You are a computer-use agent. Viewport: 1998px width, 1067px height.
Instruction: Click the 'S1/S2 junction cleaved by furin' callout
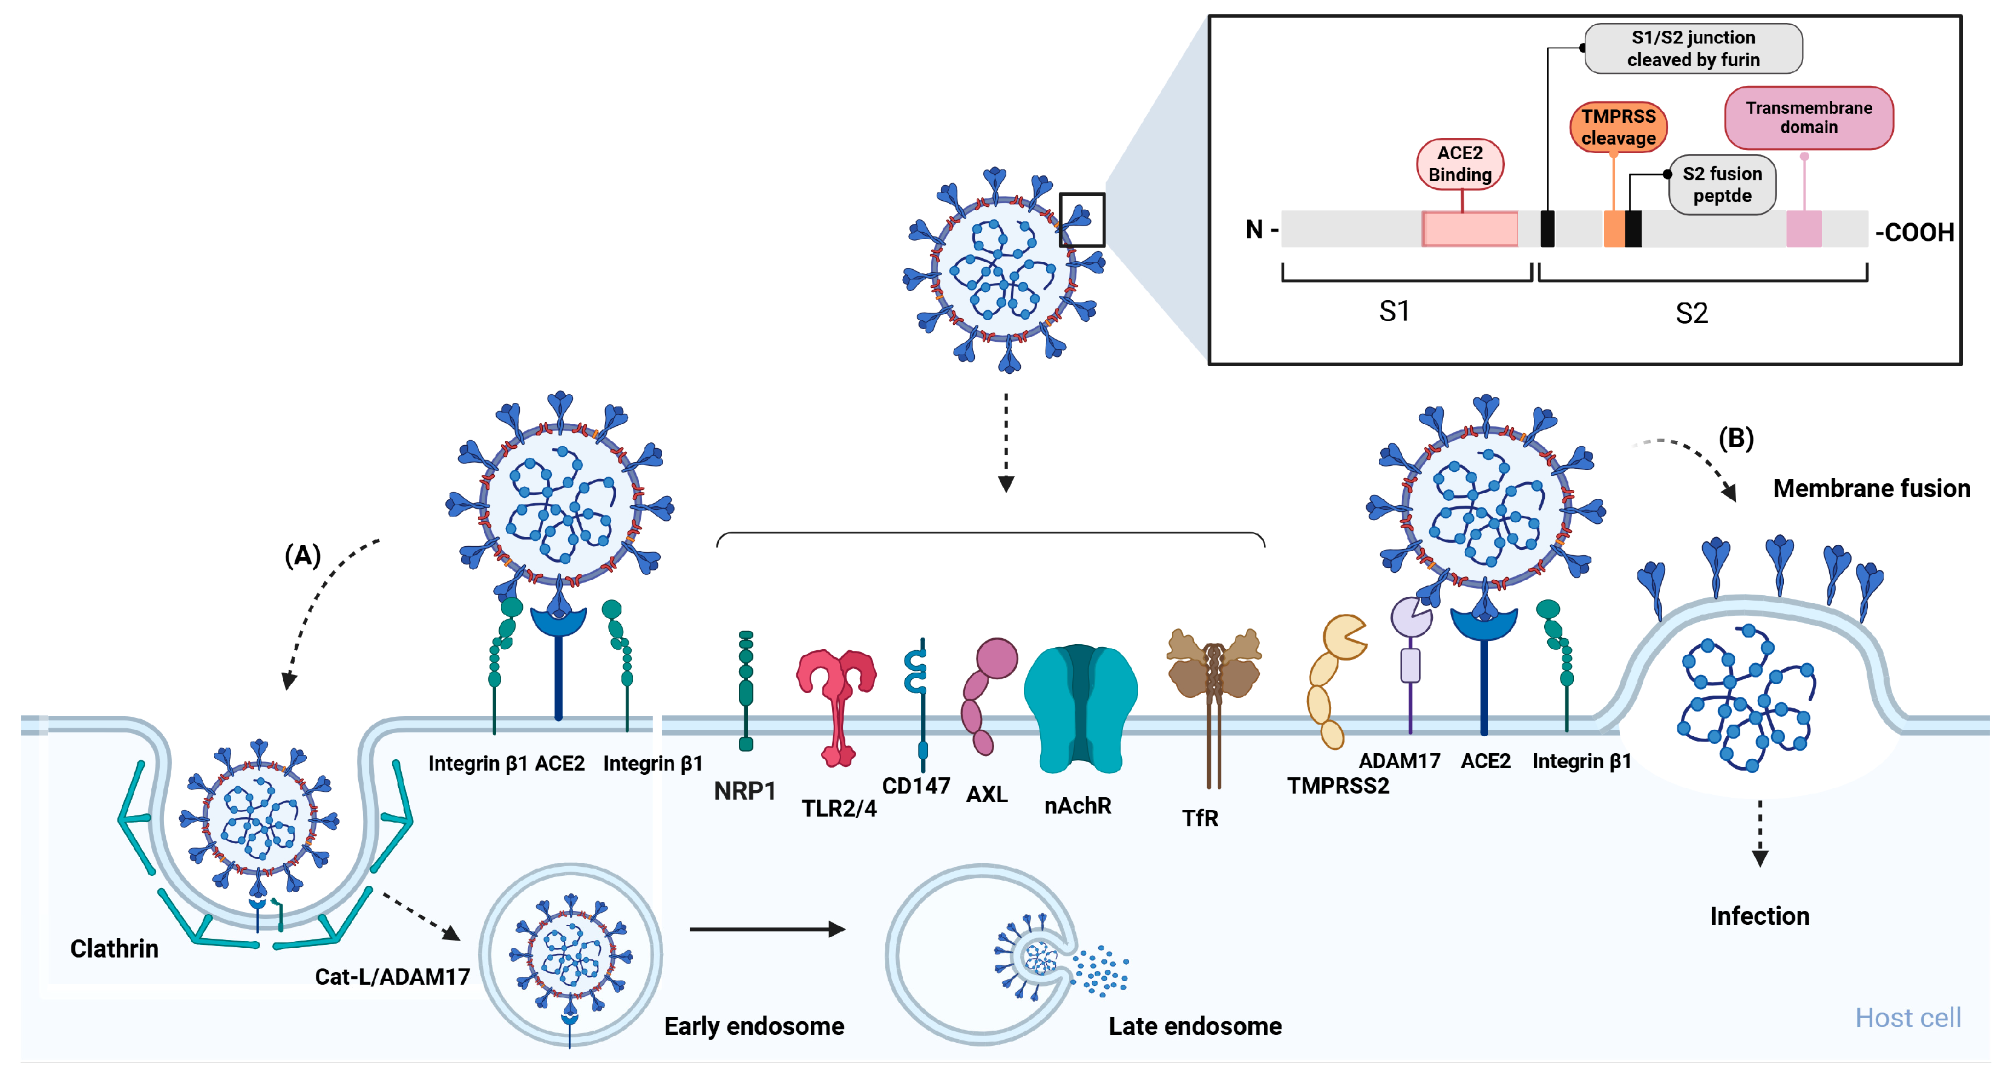coord(1692,48)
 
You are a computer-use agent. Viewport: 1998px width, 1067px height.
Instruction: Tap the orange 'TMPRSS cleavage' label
coord(1618,127)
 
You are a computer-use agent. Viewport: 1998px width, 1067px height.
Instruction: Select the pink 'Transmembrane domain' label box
coord(1808,118)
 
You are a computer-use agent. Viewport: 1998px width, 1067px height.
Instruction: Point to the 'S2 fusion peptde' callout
coord(1722,184)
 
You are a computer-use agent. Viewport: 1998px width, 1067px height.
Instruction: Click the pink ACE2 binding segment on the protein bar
coord(1470,229)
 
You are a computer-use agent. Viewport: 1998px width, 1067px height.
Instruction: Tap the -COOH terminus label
coord(1914,232)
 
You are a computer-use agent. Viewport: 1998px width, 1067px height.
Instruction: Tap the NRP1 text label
coord(745,791)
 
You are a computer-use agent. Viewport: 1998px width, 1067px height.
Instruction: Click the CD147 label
coord(916,786)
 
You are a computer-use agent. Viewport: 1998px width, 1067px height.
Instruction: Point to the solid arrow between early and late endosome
coord(766,929)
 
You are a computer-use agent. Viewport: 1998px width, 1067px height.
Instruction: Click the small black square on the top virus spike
coord(1082,220)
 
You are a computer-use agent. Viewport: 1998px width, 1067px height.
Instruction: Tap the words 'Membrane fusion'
coord(1871,489)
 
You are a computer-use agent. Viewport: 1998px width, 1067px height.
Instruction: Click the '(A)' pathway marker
coord(303,555)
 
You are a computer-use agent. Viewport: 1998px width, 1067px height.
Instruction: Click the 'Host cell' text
coord(1908,1017)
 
